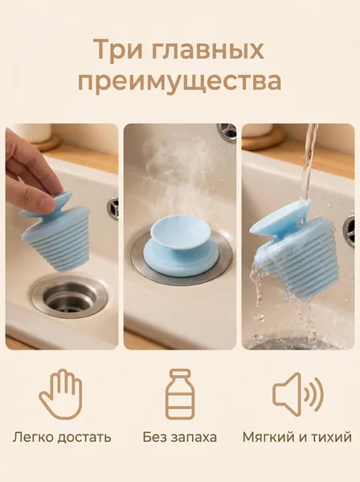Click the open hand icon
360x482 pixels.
point(60,394)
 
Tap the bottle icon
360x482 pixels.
point(180,394)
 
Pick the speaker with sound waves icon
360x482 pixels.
point(298,394)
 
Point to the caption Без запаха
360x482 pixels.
point(180,437)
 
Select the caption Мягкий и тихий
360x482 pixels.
point(297,437)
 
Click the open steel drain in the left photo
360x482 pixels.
point(69,296)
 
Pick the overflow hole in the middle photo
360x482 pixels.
point(227,133)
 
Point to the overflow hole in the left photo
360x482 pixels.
point(114,208)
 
